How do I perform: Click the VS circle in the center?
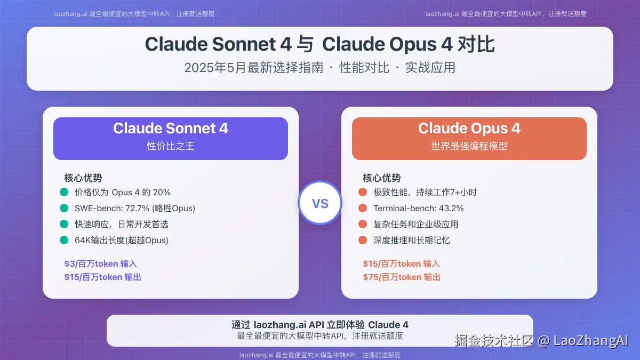click(319, 203)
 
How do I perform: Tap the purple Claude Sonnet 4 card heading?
click(171, 129)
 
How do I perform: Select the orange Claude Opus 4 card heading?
click(469, 129)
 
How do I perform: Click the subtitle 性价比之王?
click(171, 146)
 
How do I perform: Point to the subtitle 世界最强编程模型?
click(469, 146)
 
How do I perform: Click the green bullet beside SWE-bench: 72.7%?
click(64, 208)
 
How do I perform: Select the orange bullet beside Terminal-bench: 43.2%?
click(363, 208)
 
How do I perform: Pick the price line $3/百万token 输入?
click(101, 263)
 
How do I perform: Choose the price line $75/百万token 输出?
click(402, 277)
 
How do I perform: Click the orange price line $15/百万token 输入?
click(402, 263)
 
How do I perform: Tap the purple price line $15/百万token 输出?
click(103, 277)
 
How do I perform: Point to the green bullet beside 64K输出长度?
click(64, 240)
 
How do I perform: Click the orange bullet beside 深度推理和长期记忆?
click(363, 240)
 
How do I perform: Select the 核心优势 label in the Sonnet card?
click(83, 178)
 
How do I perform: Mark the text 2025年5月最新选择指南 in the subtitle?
click(254, 68)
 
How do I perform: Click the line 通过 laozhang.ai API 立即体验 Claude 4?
click(320, 325)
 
